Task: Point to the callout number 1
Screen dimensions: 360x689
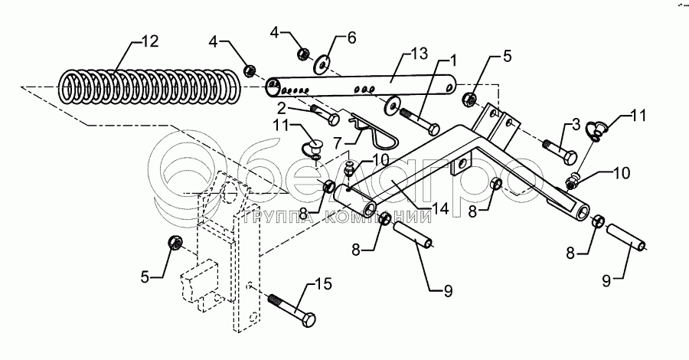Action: pos(453,59)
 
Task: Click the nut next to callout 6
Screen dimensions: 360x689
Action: pos(303,54)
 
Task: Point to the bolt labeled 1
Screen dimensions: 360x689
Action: pos(419,123)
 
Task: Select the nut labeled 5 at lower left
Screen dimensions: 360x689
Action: pos(174,244)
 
